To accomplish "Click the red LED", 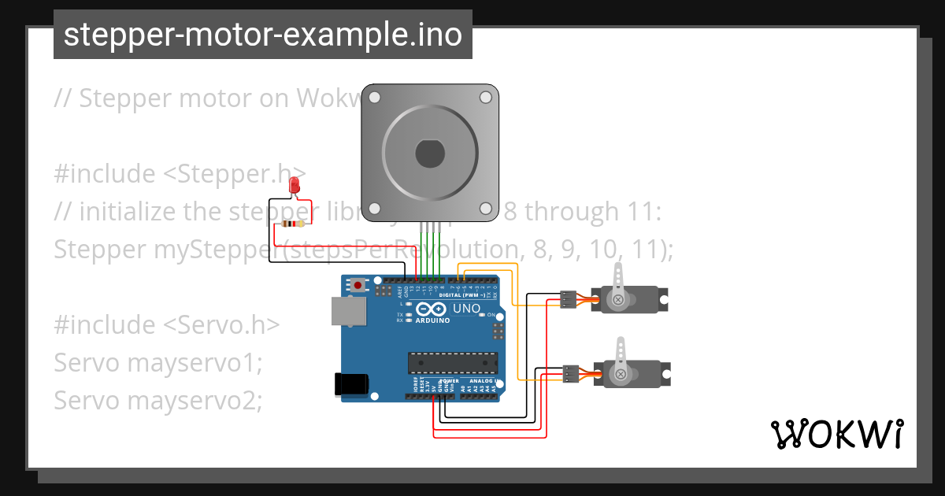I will coord(295,186).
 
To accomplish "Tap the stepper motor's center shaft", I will coord(429,152).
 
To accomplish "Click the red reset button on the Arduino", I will coord(359,284).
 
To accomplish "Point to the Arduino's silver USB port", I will coord(346,311).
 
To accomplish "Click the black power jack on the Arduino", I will coord(351,383).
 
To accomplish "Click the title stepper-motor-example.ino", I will coord(263,35).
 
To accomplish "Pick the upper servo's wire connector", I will coord(567,299).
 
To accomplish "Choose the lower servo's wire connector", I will coord(571,374).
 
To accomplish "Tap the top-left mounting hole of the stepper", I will coord(375,98).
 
